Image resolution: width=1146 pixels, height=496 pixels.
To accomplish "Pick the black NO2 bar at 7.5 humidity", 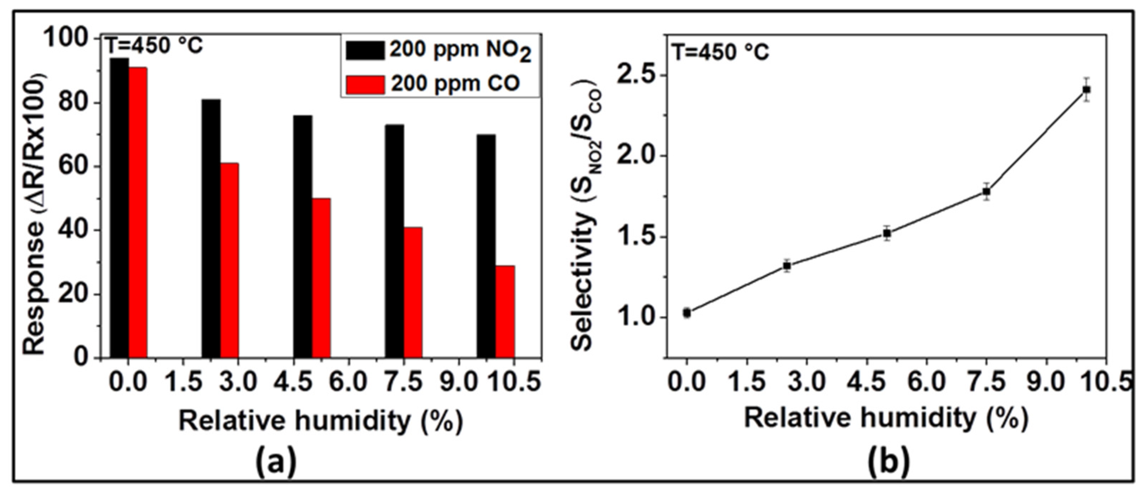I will coord(395,240).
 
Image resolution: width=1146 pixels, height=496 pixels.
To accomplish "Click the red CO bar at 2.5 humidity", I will coord(229,260).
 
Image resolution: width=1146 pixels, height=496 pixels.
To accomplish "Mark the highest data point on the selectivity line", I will coord(1086,90).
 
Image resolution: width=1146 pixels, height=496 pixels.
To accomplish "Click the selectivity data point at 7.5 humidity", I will coord(986,192).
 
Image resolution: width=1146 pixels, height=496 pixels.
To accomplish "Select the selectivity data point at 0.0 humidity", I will coord(687,313).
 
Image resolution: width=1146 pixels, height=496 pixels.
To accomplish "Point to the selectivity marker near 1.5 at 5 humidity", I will coord(887,233).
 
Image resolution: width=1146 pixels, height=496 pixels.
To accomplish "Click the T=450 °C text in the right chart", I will coord(720,52).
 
